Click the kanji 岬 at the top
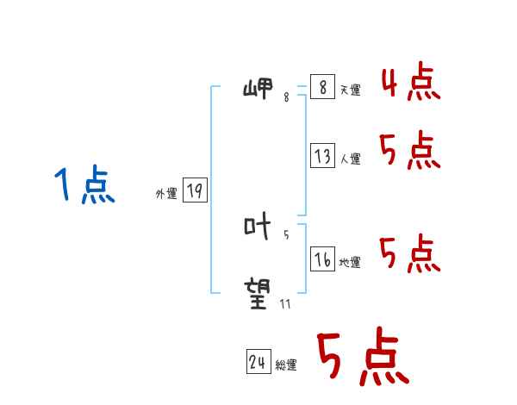pyautogui.click(x=258, y=89)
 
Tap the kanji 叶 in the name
pyautogui.click(x=258, y=227)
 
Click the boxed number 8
pyautogui.click(x=322, y=88)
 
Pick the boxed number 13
pyautogui.click(x=322, y=156)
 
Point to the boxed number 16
pyautogui.click(x=322, y=259)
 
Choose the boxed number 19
pyautogui.click(x=195, y=190)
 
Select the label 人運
pyautogui.click(x=350, y=159)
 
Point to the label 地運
pyautogui.click(x=350, y=262)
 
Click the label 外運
pyautogui.click(x=166, y=194)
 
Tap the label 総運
pyautogui.click(x=286, y=365)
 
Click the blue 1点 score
pyautogui.click(x=84, y=186)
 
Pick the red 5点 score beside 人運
pyautogui.click(x=410, y=152)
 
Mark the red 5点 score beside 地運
pyautogui.click(x=410, y=253)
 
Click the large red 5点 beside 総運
pyautogui.click(x=363, y=358)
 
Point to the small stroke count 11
pyautogui.click(x=284, y=303)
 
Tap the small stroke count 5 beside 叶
pyautogui.click(x=286, y=234)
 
